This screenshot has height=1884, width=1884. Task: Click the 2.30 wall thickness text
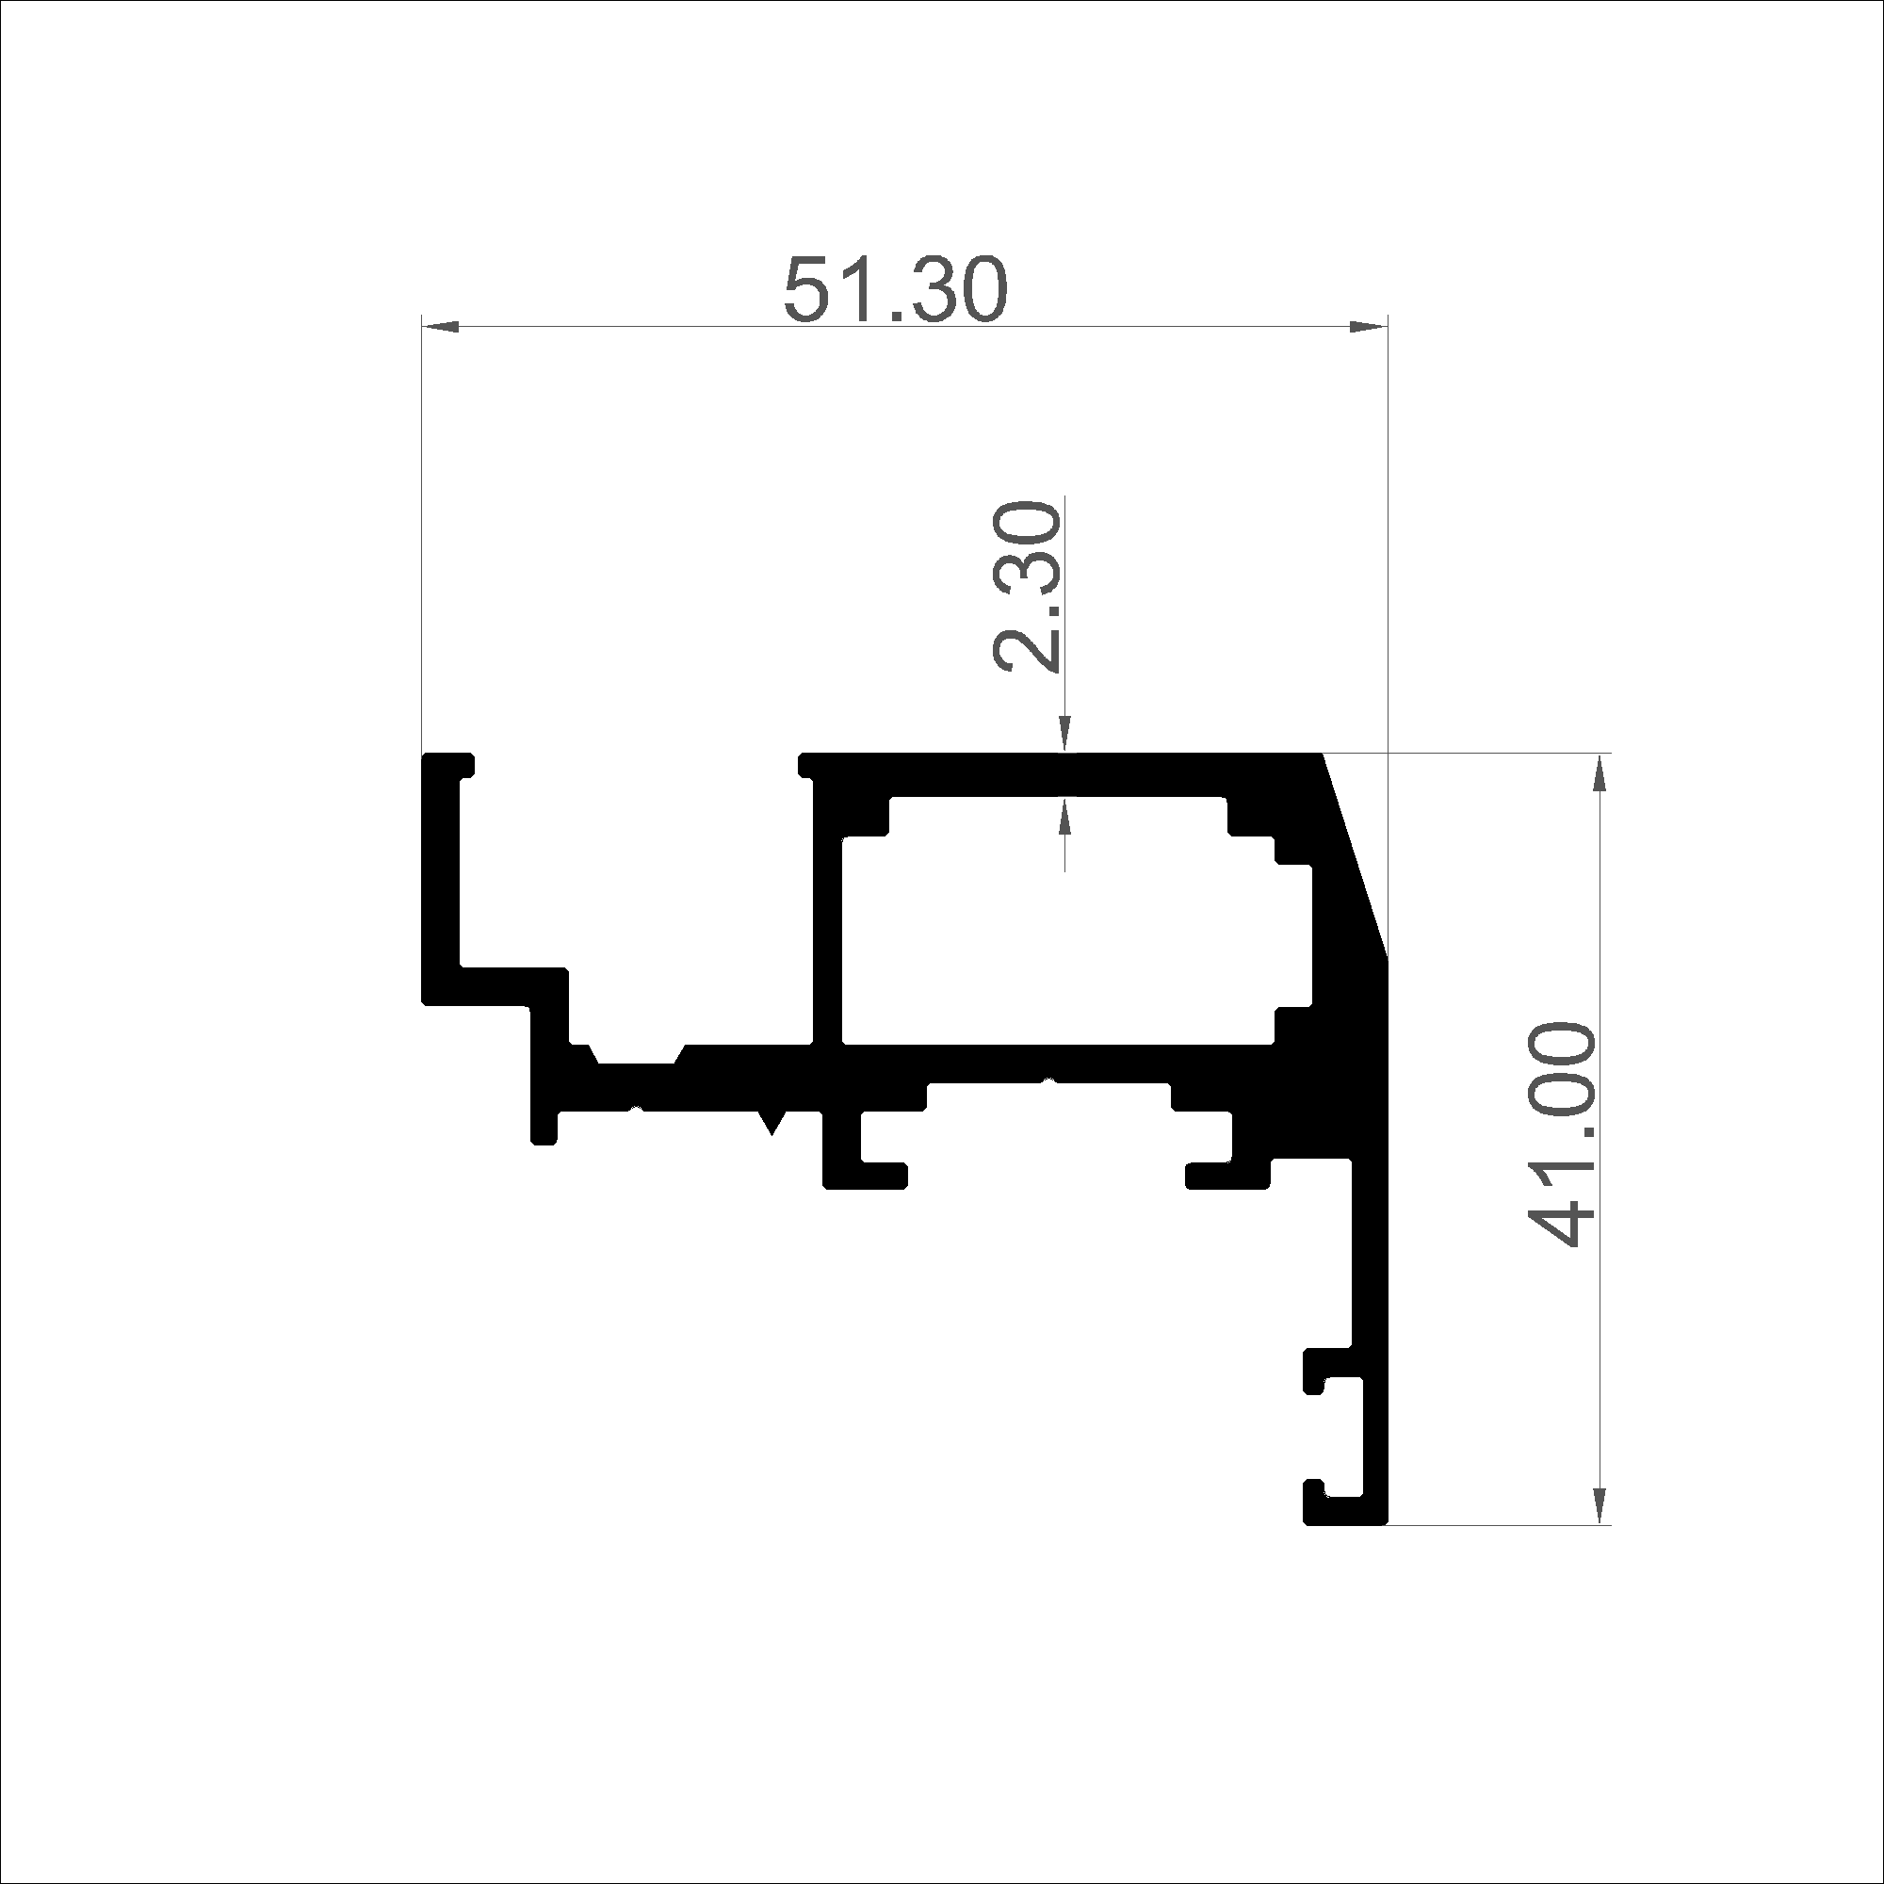(1026, 587)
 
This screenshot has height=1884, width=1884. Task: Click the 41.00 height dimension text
(1561, 1135)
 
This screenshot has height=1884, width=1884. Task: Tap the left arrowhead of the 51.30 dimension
(440, 327)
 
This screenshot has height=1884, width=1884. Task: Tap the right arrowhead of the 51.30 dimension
(1367, 327)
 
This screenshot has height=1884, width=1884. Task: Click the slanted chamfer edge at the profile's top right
(1355, 854)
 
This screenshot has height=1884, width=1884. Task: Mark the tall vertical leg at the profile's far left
(440, 878)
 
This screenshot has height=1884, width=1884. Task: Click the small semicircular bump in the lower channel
(1049, 1079)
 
